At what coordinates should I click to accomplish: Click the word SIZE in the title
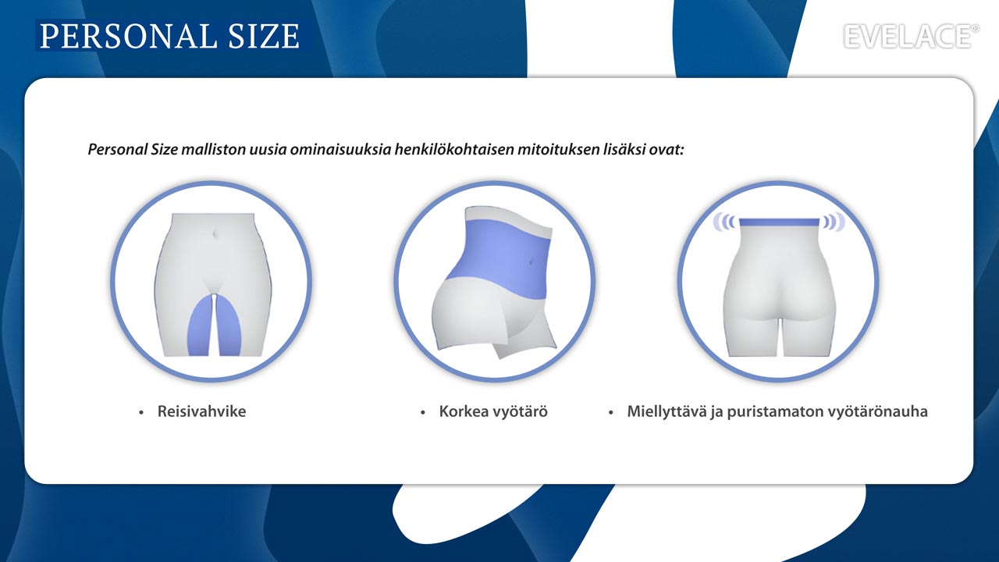[264, 36]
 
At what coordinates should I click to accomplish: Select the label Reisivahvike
[201, 411]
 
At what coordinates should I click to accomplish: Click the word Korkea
[464, 411]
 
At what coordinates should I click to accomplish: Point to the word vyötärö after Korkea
[520, 411]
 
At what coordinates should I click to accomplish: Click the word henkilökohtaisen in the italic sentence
[454, 149]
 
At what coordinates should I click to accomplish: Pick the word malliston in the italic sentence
[213, 149]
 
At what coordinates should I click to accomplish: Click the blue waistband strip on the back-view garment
[779, 222]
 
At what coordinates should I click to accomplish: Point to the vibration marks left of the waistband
[723, 222]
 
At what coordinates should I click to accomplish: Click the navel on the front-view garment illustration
[216, 233]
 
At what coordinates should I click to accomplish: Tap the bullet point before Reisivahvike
[141, 413]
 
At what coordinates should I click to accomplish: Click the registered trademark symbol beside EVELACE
[976, 29]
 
